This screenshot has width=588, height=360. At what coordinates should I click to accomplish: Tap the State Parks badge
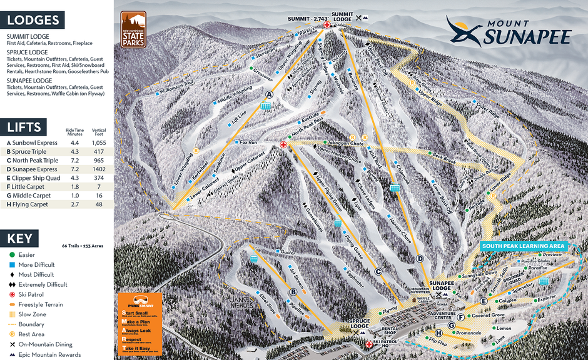133,29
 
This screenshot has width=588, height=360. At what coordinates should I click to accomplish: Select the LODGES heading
34,20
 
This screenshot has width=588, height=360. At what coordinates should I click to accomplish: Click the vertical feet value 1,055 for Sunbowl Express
99,142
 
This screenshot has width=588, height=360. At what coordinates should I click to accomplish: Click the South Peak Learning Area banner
524,246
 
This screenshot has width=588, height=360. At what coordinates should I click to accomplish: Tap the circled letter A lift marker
270,94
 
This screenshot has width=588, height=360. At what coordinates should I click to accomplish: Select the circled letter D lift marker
420,259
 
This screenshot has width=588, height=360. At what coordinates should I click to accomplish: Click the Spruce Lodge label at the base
360,326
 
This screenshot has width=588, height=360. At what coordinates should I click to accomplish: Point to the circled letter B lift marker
293,291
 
